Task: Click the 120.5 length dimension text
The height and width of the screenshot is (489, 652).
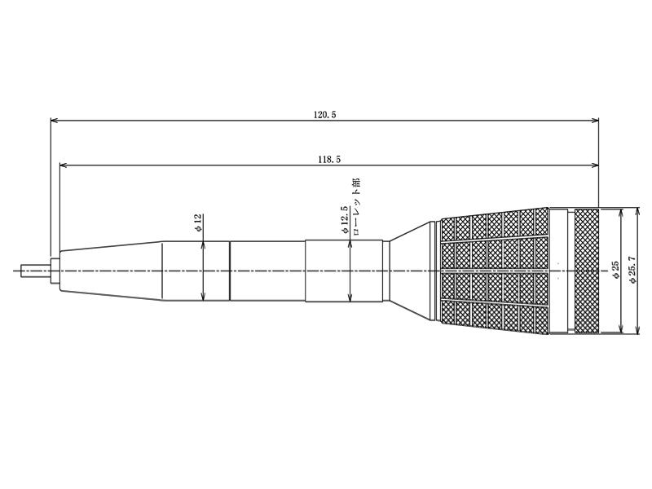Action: pyautogui.click(x=324, y=115)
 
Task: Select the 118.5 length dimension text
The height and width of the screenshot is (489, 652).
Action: pyautogui.click(x=329, y=160)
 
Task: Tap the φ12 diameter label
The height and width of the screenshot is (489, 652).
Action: pyautogui.click(x=198, y=222)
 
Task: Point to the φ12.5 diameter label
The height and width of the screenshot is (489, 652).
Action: pyautogui.click(x=344, y=219)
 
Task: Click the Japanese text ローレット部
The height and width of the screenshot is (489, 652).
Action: pyautogui.click(x=356, y=207)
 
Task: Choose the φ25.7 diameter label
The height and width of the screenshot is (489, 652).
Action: pyautogui.click(x=633, y=270)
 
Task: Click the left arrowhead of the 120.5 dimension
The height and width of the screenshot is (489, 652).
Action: pyautogui.click(x=54, y=121)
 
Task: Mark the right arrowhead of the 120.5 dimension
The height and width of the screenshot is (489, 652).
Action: pyautogui.click(x=595, y=121)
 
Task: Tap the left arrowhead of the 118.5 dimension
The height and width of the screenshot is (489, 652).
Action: pyautogui.click(x=64, y=165)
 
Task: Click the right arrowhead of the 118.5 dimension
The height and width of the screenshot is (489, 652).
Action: pyautogui.click(x=595, y=165)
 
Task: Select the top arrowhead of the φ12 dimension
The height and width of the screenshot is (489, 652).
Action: pyautogui.click(x=203, y=245)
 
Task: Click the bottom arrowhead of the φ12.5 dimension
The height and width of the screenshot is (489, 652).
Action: pyautogui.click(x=350, y=297)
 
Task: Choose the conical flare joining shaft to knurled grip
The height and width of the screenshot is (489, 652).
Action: pyautogui.click(x=412, y=271)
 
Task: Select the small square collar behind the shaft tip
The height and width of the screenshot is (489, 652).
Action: pyautogui.click(x=55, y=271)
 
